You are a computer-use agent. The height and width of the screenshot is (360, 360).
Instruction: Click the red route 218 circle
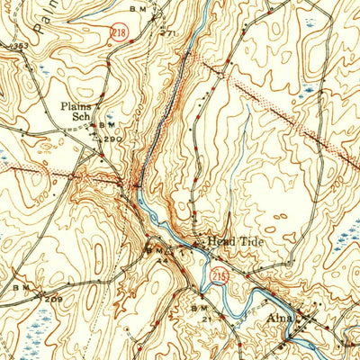point(119,32)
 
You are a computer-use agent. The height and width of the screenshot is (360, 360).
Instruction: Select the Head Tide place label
point(231,241)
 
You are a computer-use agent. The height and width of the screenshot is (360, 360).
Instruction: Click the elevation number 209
point(54,298)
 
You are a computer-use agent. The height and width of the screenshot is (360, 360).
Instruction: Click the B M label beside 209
point(22,287)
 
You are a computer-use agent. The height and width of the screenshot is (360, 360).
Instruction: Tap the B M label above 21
point(200,307)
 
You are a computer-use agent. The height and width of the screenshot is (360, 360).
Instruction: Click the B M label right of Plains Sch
point(105,123)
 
